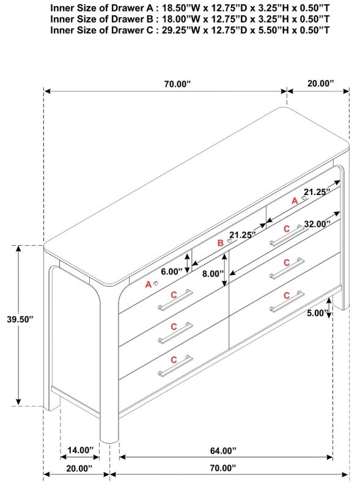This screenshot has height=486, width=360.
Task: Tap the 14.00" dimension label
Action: point(80,450)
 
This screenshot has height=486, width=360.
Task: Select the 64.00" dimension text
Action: point(223,451)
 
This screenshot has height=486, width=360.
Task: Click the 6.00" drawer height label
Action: point(172,272)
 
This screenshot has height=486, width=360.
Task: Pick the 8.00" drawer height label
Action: point(213,274)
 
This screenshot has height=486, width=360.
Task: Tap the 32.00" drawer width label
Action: point(317,224)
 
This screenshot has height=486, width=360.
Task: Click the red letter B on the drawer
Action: point(220,243)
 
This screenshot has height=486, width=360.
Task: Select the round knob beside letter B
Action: point(230,241)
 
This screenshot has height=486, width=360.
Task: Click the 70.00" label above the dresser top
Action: point(177,84)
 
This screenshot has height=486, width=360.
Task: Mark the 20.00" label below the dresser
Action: point(79,468)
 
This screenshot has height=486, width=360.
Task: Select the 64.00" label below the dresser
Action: point(223,451)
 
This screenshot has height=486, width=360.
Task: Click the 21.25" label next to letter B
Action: point(243,235)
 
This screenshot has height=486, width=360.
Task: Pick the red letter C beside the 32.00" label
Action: point(287,229)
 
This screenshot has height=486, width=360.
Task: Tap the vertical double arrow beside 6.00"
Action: point(188,263)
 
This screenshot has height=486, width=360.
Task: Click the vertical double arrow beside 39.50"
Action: point(19,325)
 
